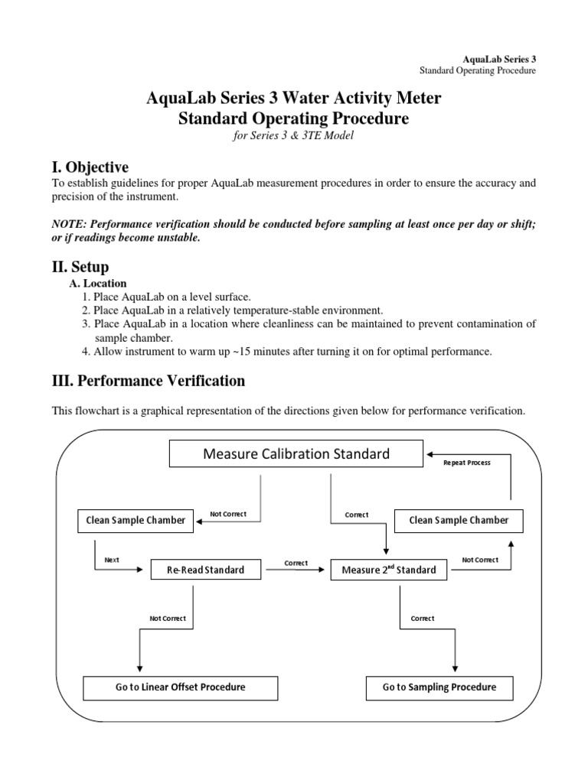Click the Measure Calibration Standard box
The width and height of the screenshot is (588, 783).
coord(296,454)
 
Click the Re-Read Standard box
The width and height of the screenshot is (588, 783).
coord(207,570)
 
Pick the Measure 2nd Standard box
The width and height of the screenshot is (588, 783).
coord(389,570)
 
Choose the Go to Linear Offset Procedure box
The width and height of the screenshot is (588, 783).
coord(181,687)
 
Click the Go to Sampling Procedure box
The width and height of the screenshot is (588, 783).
coord(439,687)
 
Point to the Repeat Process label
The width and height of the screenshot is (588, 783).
coord(466,463)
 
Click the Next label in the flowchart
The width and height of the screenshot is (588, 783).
coord(112,560)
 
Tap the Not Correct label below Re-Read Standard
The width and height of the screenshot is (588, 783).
coord(167,618)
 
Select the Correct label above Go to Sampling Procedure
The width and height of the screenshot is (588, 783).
coord(423,618)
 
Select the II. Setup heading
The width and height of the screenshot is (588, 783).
coord(80,267)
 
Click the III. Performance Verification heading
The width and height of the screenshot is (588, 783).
coord(149,380)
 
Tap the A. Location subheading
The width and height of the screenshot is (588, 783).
coord(98,283)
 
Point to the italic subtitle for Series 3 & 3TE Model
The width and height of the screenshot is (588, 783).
coord(295,135)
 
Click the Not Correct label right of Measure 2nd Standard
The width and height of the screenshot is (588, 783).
coord(480,560)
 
